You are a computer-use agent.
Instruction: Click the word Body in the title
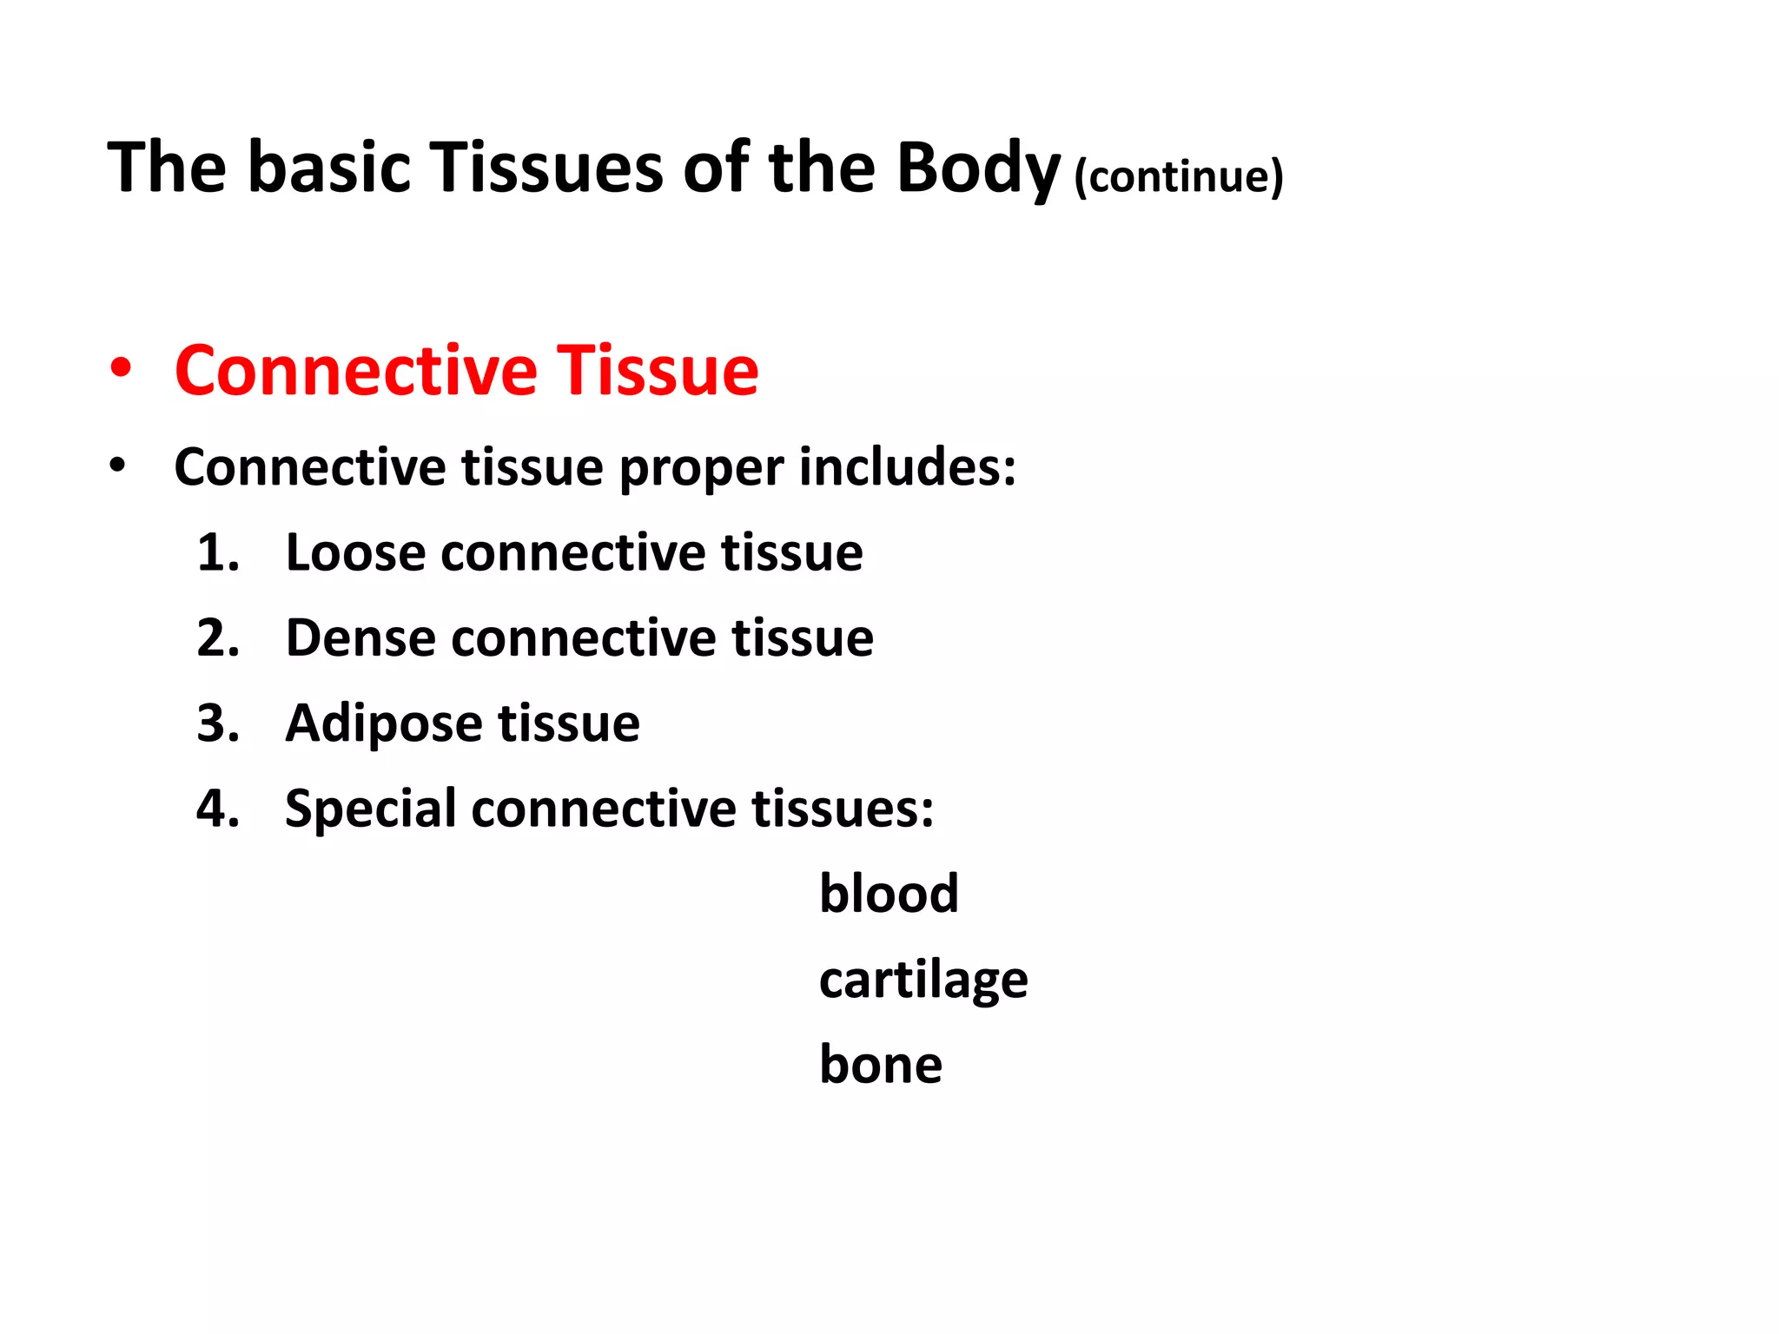978,168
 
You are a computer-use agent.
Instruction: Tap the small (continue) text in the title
1178,176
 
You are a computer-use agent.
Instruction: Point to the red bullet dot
121,368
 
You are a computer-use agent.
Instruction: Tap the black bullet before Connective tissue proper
117,466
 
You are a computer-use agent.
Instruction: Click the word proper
701,469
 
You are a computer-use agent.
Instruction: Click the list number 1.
217,552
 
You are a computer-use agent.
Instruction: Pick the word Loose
355,552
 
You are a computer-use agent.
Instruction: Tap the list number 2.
217,638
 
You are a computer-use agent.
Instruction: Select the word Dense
360,638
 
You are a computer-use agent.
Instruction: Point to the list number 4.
217,809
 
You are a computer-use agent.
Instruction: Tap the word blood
888,894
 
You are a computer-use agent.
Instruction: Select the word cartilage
923,981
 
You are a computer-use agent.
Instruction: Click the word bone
880,1065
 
